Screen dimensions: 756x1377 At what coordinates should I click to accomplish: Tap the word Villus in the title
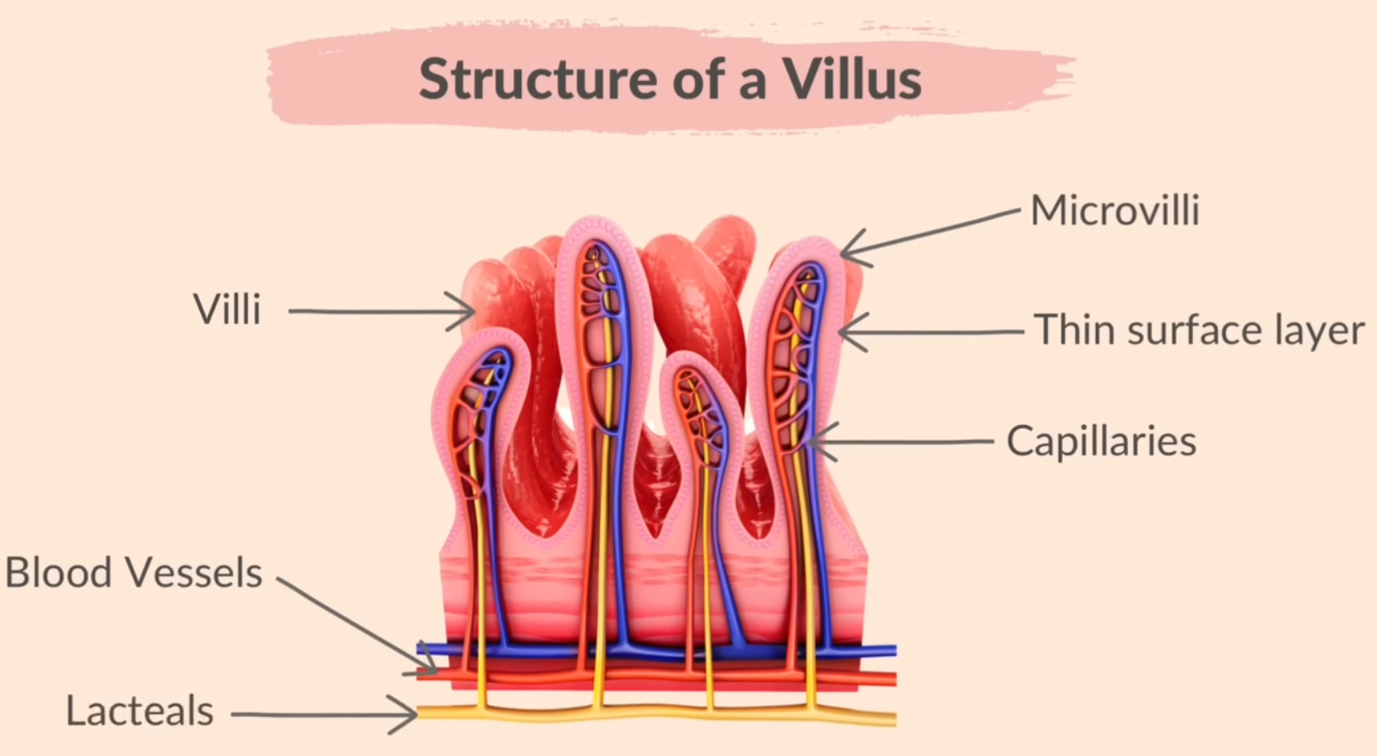pos(851,79)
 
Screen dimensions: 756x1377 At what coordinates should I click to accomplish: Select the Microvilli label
pos(1115,211)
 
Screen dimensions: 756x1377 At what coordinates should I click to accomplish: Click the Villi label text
pos(227,310)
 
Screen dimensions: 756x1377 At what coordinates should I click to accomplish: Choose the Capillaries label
pos(1101,441)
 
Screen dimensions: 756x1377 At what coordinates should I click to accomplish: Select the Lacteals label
pos(140,712)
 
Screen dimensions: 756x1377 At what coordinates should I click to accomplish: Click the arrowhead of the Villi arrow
pos(471,312)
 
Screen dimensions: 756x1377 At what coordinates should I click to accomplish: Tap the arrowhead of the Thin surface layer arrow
pos(842,334)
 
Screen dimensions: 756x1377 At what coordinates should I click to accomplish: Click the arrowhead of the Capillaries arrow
pos(811,441)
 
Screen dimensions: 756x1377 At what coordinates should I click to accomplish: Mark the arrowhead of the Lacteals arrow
pos(414,713)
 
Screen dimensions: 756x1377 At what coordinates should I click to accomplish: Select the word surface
pos(1196,330)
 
